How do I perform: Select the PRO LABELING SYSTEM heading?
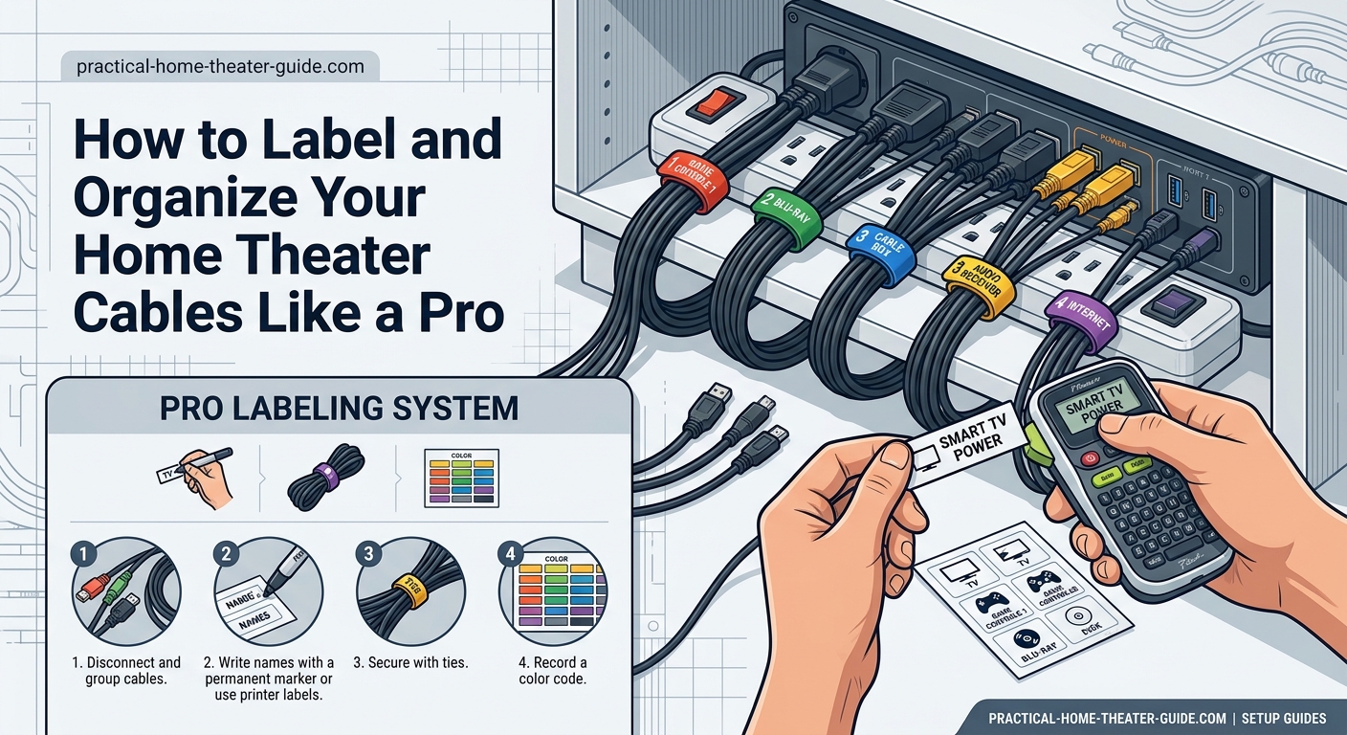[340, 409]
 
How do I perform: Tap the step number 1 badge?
[83, 554]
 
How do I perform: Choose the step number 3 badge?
[367, 554]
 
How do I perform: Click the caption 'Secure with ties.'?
[410, 662]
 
